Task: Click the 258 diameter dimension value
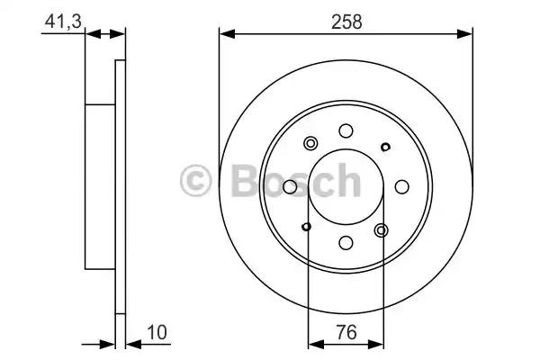[346, 22]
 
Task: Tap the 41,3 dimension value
[63, 22]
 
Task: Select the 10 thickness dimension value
[157, 332]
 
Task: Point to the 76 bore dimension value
[346, 332]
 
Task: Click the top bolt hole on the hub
[346, 130]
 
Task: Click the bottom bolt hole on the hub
[346, 242]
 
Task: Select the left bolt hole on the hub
[290, 186]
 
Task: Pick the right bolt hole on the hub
[402, 186]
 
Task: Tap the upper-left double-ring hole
[310, 143]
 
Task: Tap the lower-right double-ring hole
[382, 230]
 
